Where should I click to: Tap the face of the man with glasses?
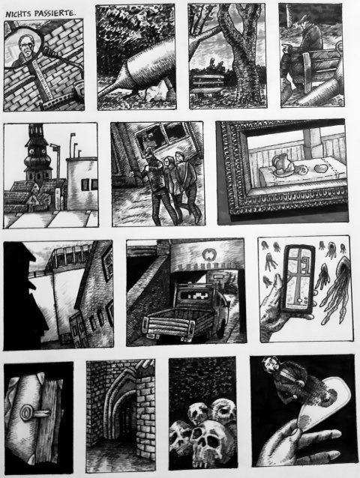[x=25, y=47]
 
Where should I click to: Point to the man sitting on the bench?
[x=302, y=52]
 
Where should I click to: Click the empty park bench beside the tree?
[x=208, y=85]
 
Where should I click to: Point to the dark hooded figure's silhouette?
[x=22, y=296]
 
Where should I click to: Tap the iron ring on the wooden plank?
[x=26, y=413]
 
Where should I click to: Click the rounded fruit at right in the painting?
[x=319, y=169]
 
